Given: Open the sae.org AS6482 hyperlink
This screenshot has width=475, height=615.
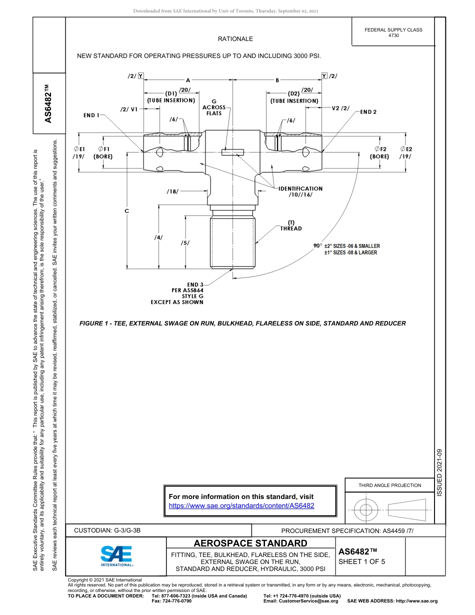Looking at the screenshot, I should tap(241, 505).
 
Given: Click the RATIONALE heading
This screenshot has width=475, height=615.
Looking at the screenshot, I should tap(235, 39).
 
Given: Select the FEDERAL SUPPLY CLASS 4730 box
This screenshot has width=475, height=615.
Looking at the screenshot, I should tap(393, 32).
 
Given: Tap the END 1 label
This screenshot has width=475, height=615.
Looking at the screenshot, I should tap(91, 115).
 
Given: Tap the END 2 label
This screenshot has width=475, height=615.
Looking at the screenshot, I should tap(368, 112).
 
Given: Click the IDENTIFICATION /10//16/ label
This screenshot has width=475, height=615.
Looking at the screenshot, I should tap(300, 191).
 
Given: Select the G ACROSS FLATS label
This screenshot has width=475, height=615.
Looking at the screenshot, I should tap(213, 107).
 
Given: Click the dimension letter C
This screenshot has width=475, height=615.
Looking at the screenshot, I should tap(127, 211).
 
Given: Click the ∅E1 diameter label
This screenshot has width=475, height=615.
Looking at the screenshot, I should tap(79, 149).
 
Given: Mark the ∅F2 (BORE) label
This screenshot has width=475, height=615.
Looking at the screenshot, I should tap(380, 152).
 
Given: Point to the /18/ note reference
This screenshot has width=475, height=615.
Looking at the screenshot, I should tap(172, 191).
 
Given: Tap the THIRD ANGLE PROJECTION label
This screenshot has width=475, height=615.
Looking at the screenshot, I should tap(389, 485).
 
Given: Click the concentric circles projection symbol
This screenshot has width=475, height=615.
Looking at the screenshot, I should tap(366, 510).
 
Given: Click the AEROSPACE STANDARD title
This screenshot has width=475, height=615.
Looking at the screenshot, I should tap(250, 543).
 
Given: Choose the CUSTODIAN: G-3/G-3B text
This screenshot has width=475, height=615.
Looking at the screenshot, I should tap(110, 530).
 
